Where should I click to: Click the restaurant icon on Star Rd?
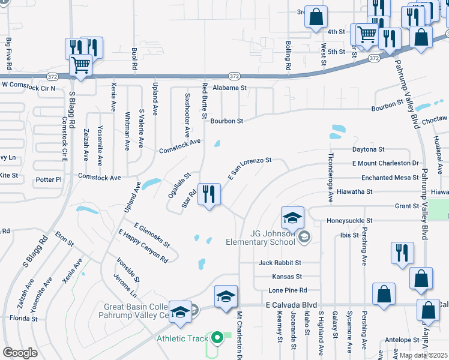(209, 194)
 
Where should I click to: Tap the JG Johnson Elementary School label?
(261, 238)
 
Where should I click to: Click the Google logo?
(20, 353)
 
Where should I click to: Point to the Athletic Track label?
(180, 338)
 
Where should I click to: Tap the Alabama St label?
(229, 88)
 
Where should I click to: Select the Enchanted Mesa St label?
(390, 178)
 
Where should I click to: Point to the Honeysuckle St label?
(349, 221)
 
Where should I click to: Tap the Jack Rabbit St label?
(280, 263)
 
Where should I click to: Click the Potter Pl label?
(49, 179)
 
